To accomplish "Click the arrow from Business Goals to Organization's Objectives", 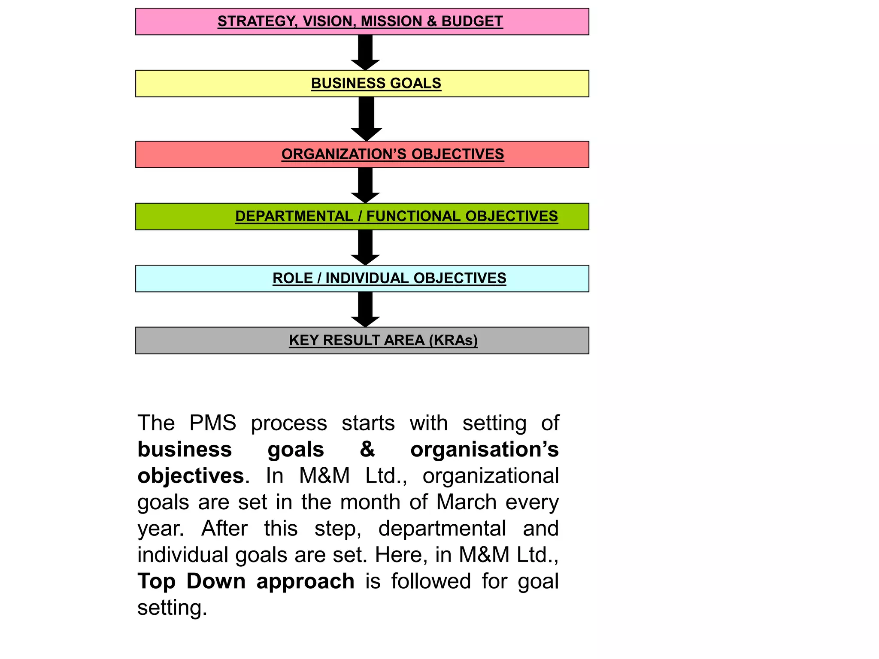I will tap(366, 118).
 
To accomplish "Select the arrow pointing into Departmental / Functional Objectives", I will tap(365, 185).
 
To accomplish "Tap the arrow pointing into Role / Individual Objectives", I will tap(365, 247).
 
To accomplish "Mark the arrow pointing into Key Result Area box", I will tap(365, 309).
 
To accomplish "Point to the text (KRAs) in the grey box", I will tap(453, 340).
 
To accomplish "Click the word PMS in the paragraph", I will tap(212, 423).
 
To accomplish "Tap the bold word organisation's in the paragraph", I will tap(484, 450).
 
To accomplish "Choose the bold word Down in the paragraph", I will tap(216, 581).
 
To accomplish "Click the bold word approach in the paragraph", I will tap(305, 582).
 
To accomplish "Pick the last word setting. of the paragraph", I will tap(172, 608).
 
